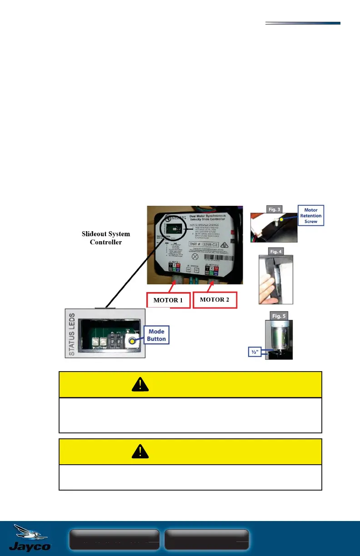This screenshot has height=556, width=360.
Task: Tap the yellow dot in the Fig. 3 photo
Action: coord(281,218)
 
